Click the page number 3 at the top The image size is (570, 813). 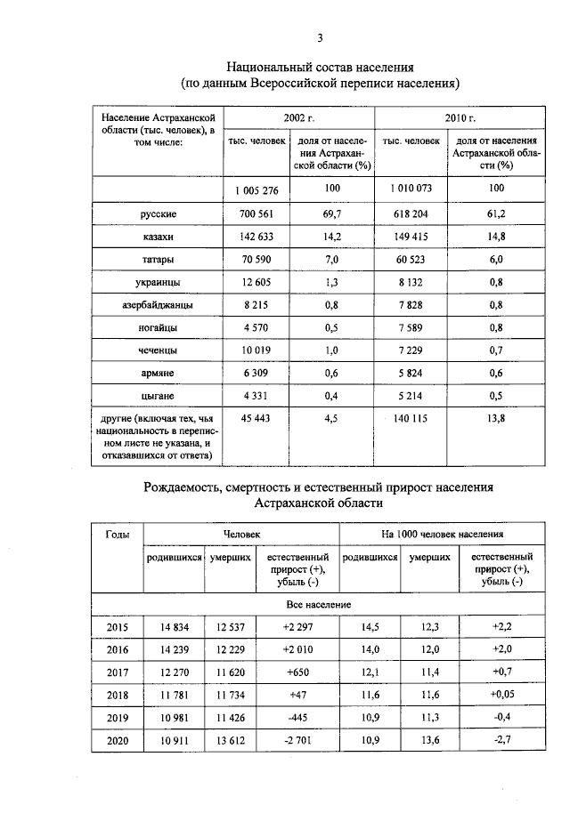tap(320, 37)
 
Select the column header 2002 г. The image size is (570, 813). tap(299, 117)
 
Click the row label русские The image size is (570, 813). tap(159, 214)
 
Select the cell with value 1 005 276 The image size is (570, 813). tap(257, 189)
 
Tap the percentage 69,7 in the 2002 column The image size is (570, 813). tap(332, 214)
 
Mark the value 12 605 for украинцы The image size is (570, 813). tap(257, 282)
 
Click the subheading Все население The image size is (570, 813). tap(318, 604)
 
